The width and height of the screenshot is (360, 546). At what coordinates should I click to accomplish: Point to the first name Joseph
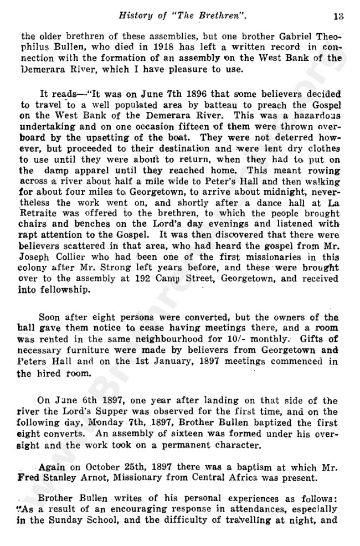tap(39, 261)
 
